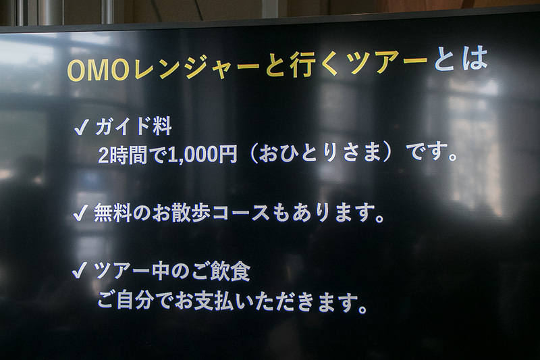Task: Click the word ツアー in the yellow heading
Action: click(387, 63)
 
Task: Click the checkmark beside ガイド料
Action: click(82, 128)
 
